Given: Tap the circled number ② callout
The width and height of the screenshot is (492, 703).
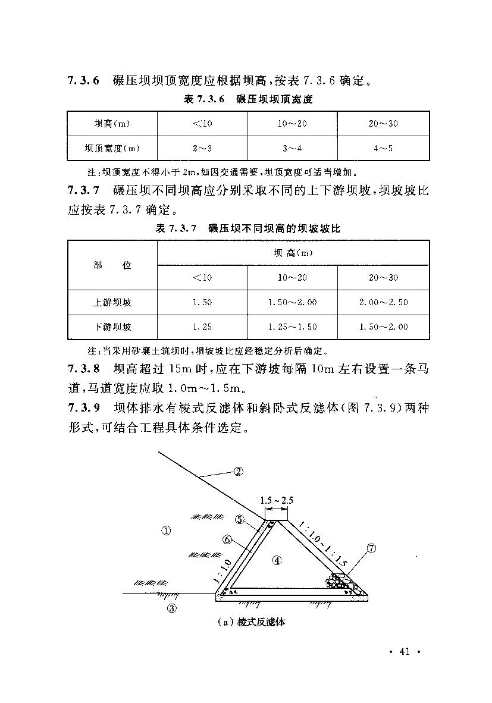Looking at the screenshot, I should click(238, 472).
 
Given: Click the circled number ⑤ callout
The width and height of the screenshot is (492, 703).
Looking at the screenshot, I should click(240, 519).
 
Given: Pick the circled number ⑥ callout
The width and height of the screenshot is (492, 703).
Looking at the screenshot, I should click(227, 539).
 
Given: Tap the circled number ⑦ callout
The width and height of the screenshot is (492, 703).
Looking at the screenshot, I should click(372, 549).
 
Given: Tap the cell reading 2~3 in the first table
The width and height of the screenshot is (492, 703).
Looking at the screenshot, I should click(202, 148).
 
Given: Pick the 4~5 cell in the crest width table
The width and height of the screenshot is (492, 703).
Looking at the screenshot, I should click(383, 148).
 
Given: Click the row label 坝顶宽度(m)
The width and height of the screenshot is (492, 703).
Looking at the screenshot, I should click(112, 148).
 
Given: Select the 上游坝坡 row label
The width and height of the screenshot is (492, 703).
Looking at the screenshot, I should click(112, 302).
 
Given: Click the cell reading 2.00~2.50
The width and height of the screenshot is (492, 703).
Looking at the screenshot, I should click(383, 302).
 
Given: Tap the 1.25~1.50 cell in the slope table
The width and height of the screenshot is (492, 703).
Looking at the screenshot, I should click(292, 327).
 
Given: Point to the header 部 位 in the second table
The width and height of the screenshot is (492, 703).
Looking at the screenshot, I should click(112, 265).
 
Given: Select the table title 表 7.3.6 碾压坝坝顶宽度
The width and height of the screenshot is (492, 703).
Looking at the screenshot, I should click(249, 99).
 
